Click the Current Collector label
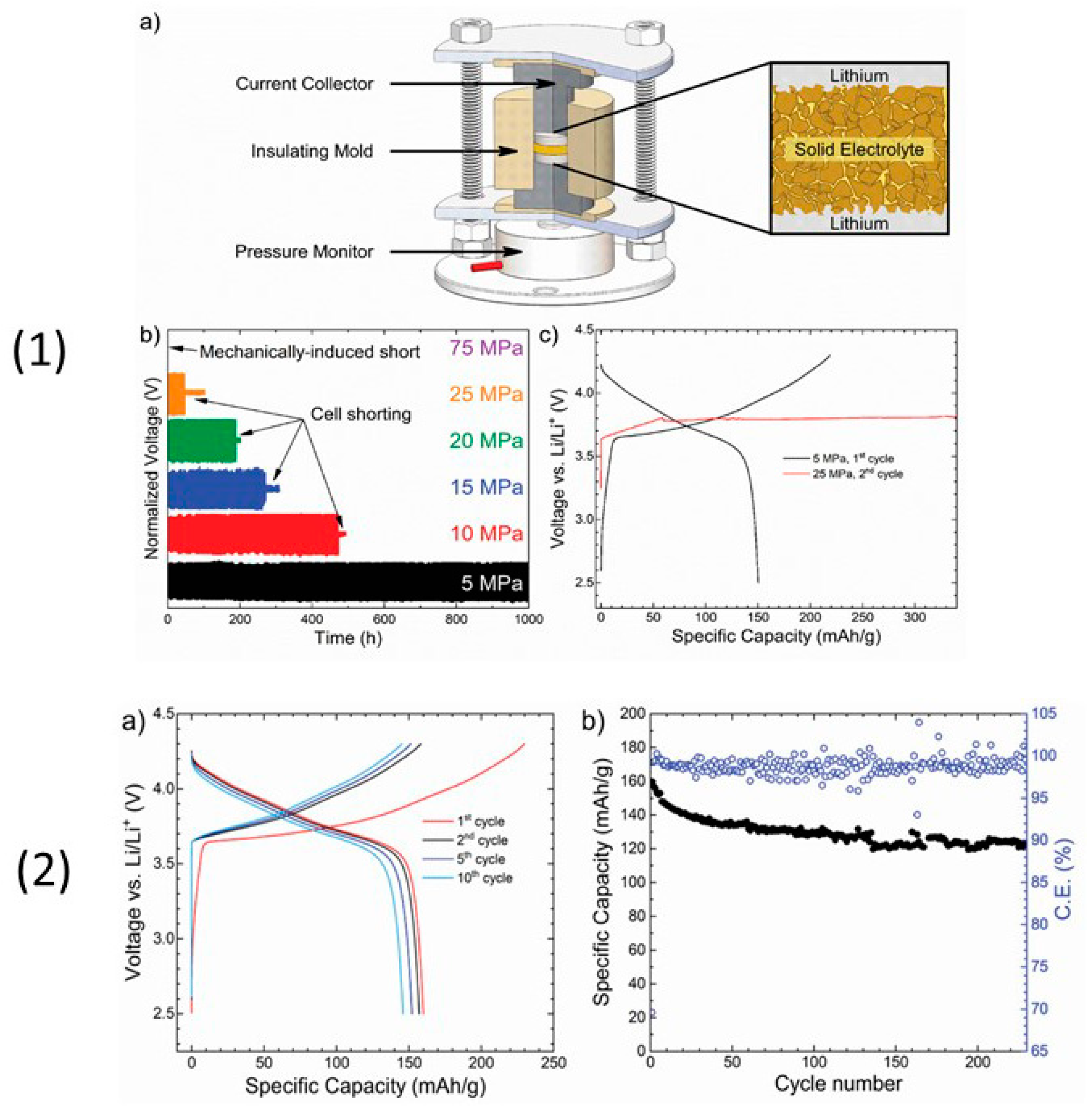point(304,84)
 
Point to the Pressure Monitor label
point(304,252)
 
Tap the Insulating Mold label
point(312,151)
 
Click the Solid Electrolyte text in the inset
point(859,150)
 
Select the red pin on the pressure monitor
point(486,266)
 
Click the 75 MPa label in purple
point(486,348)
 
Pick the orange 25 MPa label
point(486,394)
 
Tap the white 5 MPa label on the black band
point(491,584)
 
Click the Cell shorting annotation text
point(361,414)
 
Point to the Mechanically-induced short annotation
point(309,352)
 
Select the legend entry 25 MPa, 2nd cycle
point(857,474)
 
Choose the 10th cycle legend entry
point(484,878)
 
